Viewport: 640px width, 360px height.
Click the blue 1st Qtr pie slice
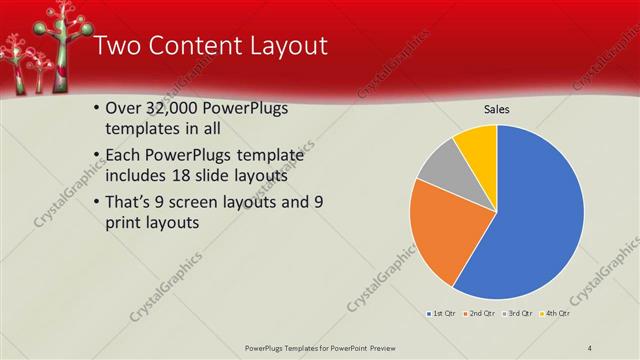click(x=535, y=225)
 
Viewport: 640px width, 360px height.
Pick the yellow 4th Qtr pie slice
click(x=477, y=146)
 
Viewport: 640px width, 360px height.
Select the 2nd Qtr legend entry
click(x=481, y=314)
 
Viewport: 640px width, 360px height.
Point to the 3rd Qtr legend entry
click(x=519, y=314)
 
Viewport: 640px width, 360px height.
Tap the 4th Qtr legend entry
click(x=556, y=314)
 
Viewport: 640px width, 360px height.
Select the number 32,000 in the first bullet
click(x=176, y=108)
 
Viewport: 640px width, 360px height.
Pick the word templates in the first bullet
click(x=144, y=129)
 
